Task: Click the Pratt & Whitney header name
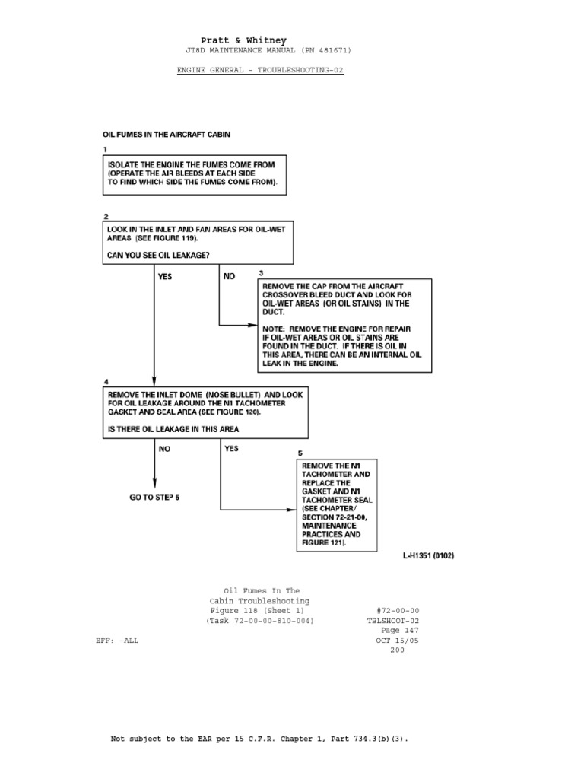[243, 40]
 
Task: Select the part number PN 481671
[319, 51]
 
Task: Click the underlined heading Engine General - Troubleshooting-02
[260, 68]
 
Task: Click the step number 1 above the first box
[106, 150]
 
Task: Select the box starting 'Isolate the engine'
[195, 176]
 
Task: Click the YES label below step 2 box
[165, 278]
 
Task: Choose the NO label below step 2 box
[230, 278]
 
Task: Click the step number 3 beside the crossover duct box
[261, 273]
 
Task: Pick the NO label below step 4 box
[165, 449]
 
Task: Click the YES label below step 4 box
[231, 449]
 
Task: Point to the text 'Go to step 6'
[155, 498]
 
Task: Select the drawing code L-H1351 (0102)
[428, 556]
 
